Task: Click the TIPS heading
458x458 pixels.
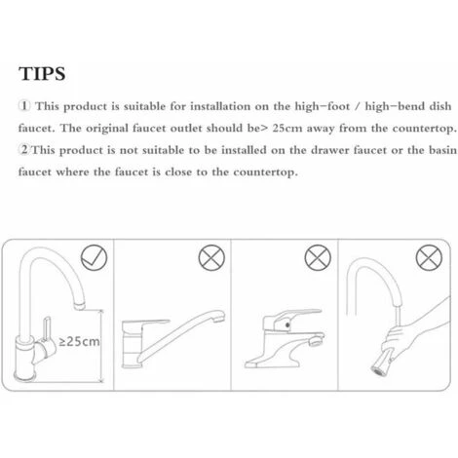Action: [42, 74]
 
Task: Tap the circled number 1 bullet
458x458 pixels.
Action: [24, 106]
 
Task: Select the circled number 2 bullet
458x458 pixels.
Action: [24, 150]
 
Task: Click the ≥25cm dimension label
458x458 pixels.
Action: [79, 341]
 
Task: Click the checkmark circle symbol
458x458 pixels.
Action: [94, 257]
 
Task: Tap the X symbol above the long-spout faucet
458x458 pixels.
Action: [211, 257]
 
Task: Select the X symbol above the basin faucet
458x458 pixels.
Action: [318, 257]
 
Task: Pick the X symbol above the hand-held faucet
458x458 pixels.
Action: [429, 257]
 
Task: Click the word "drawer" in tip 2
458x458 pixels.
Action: [329, 150]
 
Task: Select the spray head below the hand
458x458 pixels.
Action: [383, 363]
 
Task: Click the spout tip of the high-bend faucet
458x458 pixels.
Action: [80, 305]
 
